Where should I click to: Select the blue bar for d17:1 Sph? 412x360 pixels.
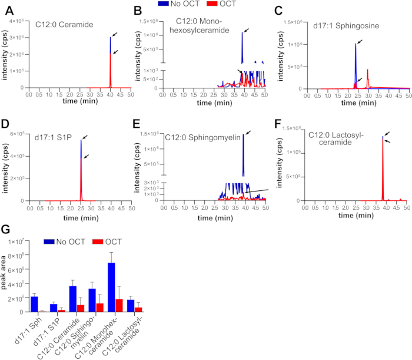click(x=34, y=304)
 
